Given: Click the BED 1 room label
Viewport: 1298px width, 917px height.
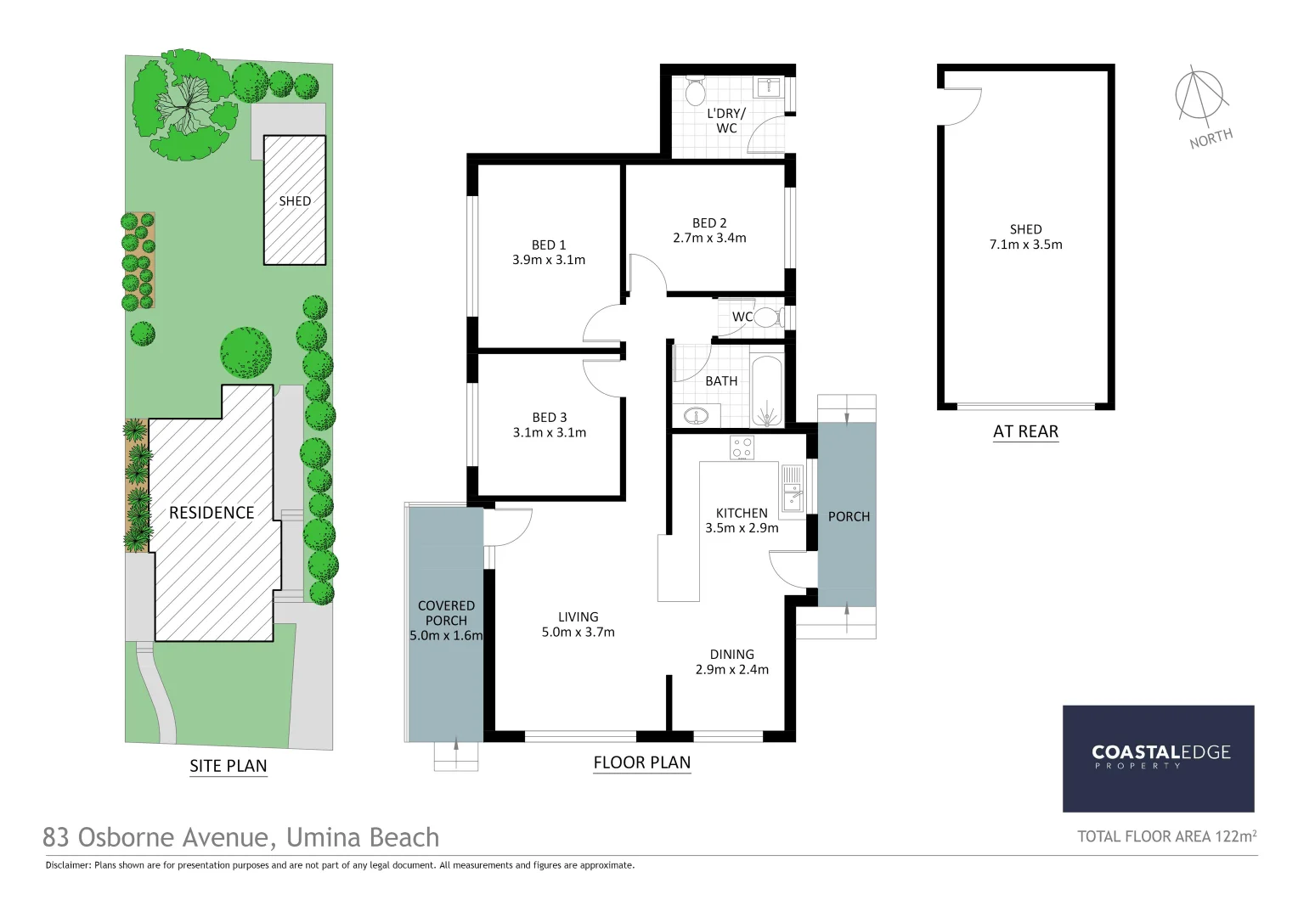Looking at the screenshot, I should coord(548,245).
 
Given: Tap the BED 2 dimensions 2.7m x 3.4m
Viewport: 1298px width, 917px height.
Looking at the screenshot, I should coord(708,239).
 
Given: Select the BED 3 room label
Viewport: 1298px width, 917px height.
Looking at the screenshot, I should coord(549,418).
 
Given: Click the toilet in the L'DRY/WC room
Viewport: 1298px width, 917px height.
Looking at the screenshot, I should coord(695,89).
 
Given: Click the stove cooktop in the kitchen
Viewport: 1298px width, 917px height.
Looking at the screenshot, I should coord(742,447).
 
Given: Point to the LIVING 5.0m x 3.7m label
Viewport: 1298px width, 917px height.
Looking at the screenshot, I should coord(578,625).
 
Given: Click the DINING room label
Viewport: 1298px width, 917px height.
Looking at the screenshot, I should coord(731,655).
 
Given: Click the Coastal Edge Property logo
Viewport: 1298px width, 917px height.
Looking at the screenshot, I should coord(1159,757).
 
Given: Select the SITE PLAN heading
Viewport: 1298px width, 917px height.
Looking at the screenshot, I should coord(228,766).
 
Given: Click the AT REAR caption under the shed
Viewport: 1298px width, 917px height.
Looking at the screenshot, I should coord(1025,431).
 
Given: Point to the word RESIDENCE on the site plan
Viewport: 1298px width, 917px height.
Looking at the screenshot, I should coord(212,513).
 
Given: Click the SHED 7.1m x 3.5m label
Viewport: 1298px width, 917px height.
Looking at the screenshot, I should coord(1025,237).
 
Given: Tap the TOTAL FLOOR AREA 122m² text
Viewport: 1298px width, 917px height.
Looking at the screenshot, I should coord(1166,836).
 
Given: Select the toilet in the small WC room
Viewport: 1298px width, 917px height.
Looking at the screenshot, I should coord(766,318).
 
